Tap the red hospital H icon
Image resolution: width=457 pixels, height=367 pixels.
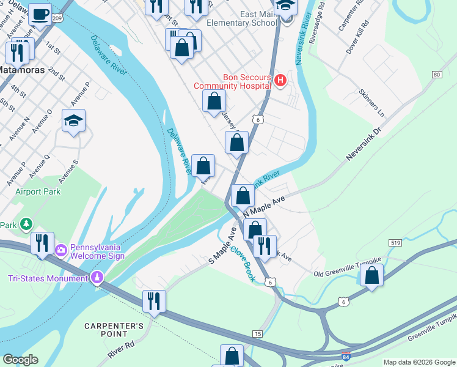click(x=280, y=81)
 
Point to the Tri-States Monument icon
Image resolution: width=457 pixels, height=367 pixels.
click(x=97, y=279)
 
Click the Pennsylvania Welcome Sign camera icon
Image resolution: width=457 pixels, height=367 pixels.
click(x=60, y=250)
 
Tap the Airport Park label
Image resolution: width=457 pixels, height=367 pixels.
click(x=38, y=191)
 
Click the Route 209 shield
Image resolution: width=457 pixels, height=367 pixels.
click(x=57, y=19)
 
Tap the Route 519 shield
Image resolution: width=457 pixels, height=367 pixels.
click(x=394, y=243)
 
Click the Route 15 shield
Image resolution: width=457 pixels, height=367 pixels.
click(x=258, y=333)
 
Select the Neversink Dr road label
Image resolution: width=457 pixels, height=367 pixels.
click(x=364, y=144)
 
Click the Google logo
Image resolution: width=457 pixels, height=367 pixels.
click(x=21, y=360)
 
